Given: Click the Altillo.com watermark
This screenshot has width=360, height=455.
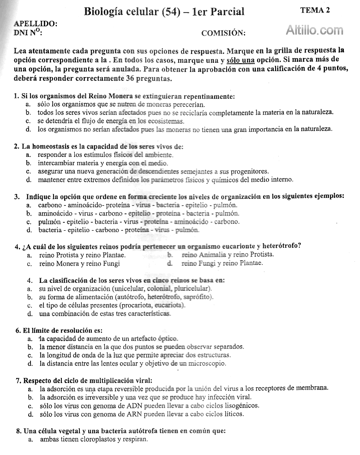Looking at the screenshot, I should (315, 30).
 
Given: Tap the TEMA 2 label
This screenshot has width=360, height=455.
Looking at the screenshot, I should (315, 11).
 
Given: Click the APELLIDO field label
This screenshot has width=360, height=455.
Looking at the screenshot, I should (36, 24).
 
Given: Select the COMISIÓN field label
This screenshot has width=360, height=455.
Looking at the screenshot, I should (223, 33).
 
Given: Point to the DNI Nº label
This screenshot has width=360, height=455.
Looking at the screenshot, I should (28, 32).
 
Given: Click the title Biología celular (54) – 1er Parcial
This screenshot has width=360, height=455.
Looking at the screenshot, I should (164, 12).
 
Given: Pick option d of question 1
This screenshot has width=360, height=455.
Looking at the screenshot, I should (185, 129).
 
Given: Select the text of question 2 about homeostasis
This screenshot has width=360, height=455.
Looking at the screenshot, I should (99, 146).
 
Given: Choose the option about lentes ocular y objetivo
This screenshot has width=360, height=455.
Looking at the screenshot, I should (133, 364).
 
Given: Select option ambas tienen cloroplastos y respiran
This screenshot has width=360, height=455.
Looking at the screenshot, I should (94, 439).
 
